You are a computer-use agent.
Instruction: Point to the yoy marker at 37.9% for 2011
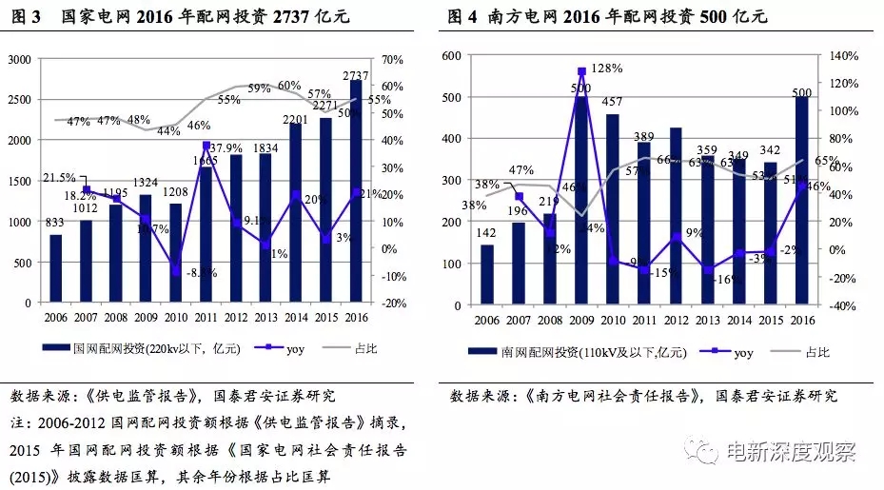point(206,146)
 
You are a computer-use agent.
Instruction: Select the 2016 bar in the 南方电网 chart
point(801,199)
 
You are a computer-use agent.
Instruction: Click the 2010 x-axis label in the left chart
point(177,317)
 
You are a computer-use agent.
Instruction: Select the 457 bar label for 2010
point(612,102)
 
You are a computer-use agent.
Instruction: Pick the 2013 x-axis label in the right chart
point(707,322)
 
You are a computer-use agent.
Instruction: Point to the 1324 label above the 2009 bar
point(146,183)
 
